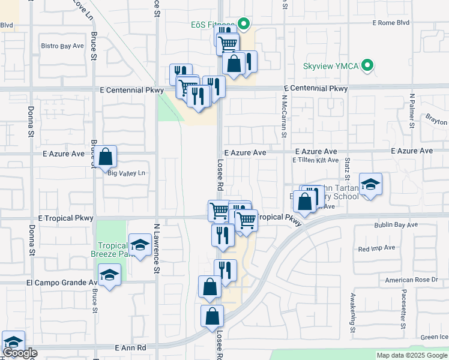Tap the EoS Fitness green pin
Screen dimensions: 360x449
[244, 25]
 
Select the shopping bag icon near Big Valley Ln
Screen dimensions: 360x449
[105, 157]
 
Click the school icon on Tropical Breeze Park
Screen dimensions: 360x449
[140, 245]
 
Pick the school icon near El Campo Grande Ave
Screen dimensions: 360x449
[109, 275]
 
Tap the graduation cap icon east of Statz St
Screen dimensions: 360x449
[370, 184]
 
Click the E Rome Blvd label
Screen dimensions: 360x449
[390, 23]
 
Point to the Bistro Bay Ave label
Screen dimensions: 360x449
[62, 46]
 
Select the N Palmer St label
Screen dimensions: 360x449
[412, 110]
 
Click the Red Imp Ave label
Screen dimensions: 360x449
[376, 248]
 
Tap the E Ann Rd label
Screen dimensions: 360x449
[130, 347]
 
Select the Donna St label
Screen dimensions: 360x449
[31, 122]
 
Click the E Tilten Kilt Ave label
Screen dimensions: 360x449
[316, 160]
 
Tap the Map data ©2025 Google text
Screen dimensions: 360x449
[411, 355]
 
